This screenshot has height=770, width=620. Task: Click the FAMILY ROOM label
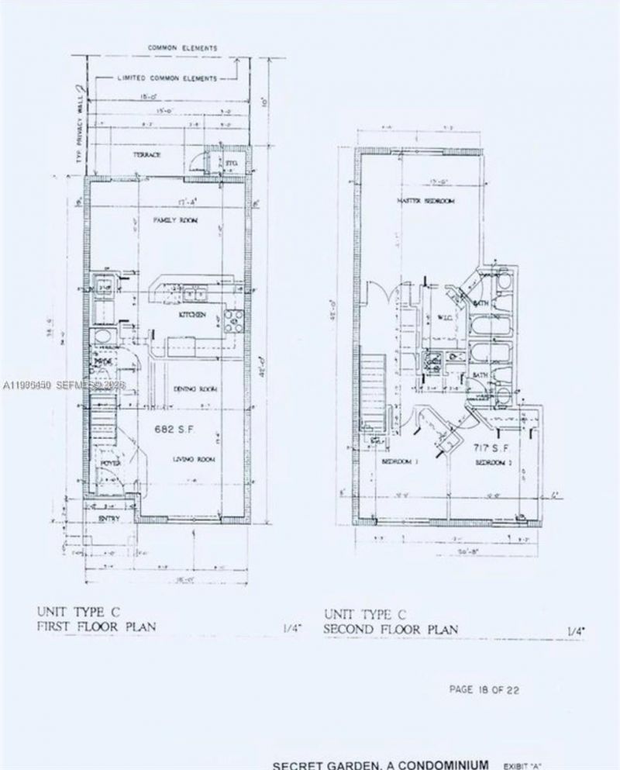coord(176,221)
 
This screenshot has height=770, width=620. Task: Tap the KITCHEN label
coord(191,315)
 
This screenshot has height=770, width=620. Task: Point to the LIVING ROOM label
coord(193,460)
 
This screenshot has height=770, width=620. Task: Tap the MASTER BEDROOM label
coord(425,202)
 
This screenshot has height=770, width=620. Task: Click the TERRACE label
coord(146,155)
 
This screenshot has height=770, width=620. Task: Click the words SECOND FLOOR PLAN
coord(391,630)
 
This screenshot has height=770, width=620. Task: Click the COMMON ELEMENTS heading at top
coord(183,47)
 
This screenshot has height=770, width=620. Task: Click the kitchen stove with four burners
coord(232,317)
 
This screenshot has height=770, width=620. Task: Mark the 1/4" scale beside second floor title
coord(574,630)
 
